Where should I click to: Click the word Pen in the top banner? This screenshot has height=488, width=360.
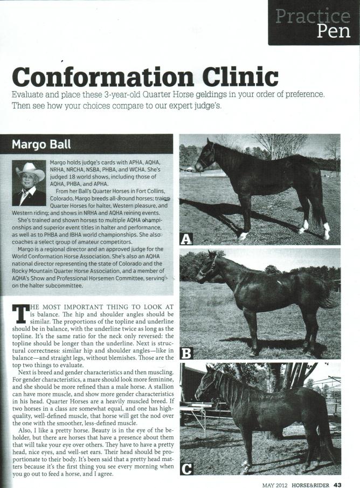coord(334,31)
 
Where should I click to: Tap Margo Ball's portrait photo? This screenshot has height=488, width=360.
coord(29,183)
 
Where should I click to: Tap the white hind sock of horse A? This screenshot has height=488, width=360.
coord(326,230)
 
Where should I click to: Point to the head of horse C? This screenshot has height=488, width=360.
coord(204,389)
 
